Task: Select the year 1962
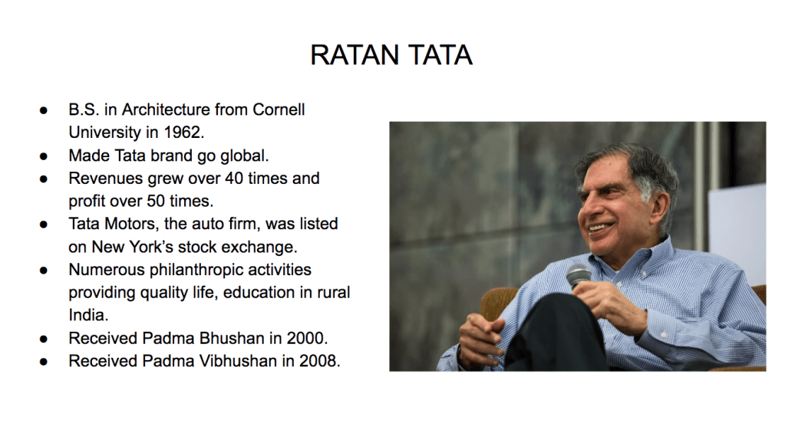tap(183, 132)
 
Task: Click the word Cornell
tap(279, 109)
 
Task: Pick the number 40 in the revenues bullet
tap(234, 178)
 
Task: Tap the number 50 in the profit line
tap(156, 201)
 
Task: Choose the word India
tap(88, 315)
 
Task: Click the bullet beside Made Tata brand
tap(44, 156)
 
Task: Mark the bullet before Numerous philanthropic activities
tap(44, 271)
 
